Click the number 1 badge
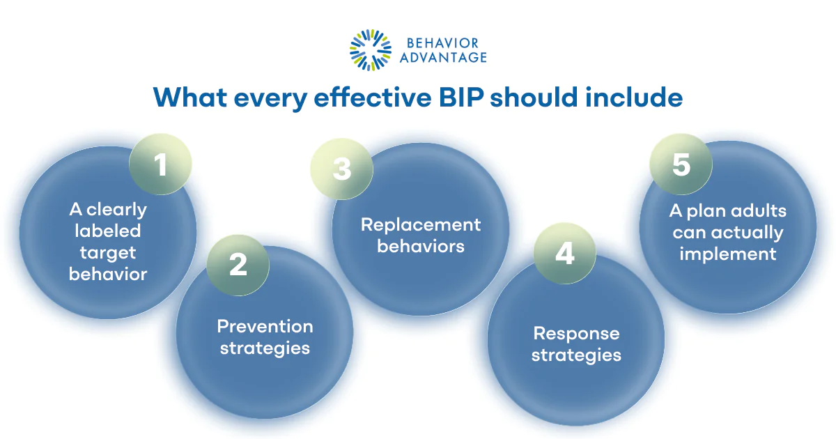pos(160,166)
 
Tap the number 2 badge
pos(238,265)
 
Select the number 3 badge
pos(341,169)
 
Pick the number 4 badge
pos(564,254)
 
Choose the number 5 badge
pos(681,164)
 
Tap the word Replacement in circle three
pos(420,224)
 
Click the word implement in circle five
pos(727,254)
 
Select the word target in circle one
pos(108,252)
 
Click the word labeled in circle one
pos(108,231)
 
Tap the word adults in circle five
pos(756,210)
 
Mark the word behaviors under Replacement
pos(420,246)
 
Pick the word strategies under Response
pos(576,355)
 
